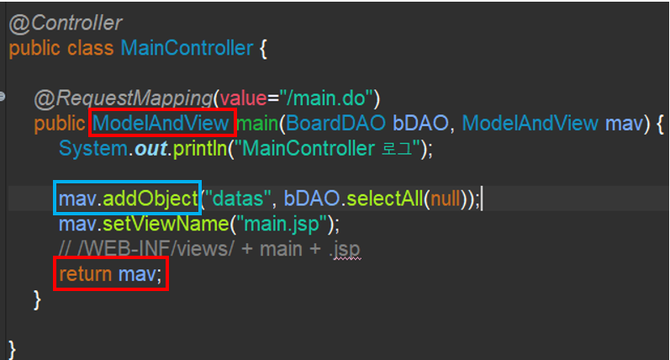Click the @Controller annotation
click(x=65, y=23)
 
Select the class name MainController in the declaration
click(x=186, y=48)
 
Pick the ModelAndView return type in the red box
click(x=161, y=124)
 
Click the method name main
click(x=259, y=124)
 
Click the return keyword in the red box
click(x=85, y=275)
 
